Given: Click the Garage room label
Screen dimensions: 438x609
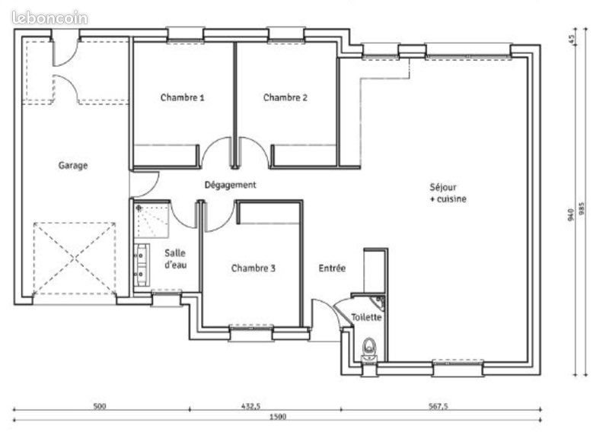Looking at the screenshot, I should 74,165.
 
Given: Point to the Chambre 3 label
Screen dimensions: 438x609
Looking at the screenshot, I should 253,268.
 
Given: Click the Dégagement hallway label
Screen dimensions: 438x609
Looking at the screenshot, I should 230,185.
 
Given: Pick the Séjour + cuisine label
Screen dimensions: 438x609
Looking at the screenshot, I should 447,192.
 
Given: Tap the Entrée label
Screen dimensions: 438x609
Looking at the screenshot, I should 333,268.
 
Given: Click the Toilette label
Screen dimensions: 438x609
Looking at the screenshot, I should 366,317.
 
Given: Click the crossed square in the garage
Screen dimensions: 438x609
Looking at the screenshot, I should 75,259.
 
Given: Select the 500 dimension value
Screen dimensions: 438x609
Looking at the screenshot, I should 99,406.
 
